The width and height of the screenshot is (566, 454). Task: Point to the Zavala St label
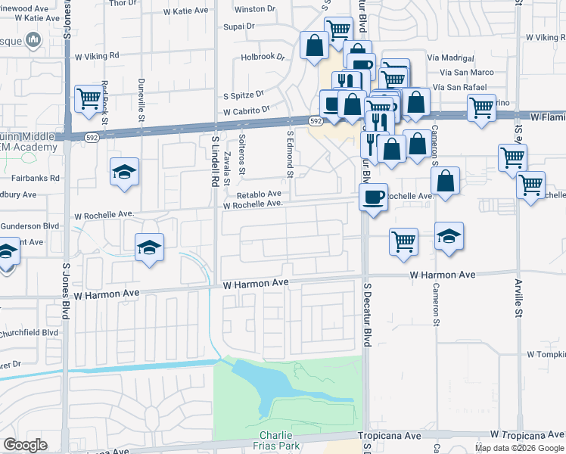tap(227, 168)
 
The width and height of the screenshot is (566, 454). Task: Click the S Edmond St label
tap(290, 154)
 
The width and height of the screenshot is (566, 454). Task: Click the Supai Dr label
tap(240, 26)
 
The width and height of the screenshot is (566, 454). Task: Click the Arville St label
tap(519, 292)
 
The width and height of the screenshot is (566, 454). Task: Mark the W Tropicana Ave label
tap(527, 435)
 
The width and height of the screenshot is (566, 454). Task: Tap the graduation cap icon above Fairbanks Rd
tap(125, 172)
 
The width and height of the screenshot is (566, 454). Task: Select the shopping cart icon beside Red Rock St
tap(89, 98)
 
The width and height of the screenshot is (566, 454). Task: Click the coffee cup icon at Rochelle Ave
tap(372, 197)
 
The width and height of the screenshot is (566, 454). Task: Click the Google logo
tap(25, 445)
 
